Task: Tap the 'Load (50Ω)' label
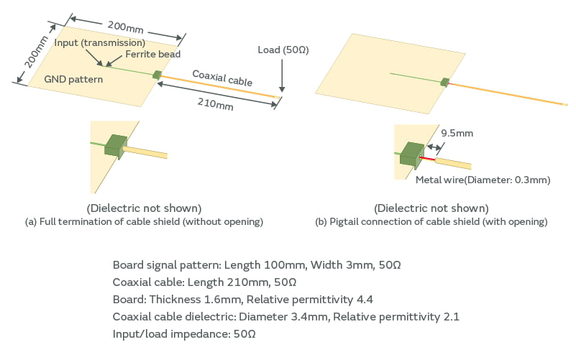283,50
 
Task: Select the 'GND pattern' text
73,79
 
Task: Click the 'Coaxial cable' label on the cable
222,78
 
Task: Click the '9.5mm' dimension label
457,133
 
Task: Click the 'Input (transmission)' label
100,43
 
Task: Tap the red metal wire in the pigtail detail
429,157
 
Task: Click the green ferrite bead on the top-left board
157,74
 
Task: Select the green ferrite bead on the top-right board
445,83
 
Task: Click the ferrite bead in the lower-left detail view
115,146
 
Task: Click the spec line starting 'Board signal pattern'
257,265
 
